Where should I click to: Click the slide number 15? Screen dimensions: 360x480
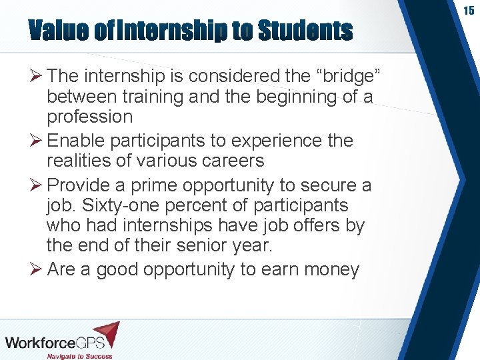(469, 11)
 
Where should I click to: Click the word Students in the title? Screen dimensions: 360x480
(305, 31)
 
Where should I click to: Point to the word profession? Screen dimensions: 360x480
(89, 117)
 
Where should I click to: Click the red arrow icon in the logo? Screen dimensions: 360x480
(107, 333)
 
